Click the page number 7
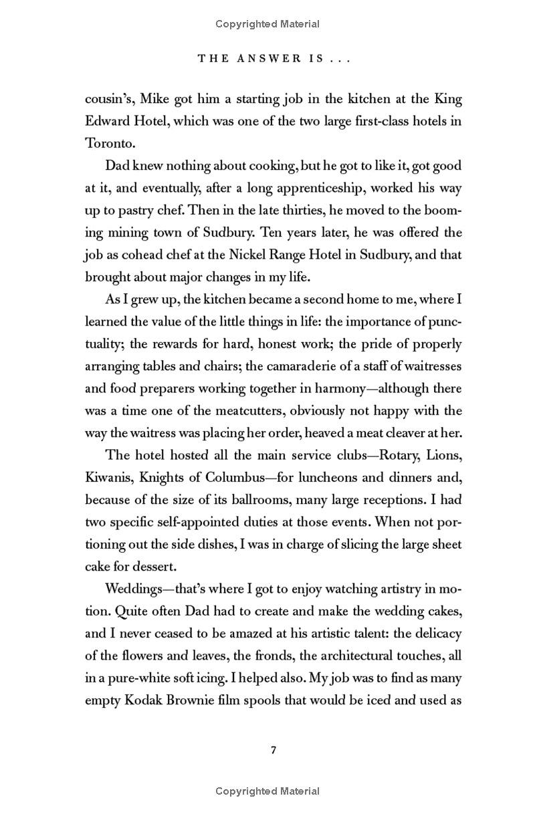tap(273, 750)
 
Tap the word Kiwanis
tap(108, 477)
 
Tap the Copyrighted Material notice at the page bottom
tap(267, 791)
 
